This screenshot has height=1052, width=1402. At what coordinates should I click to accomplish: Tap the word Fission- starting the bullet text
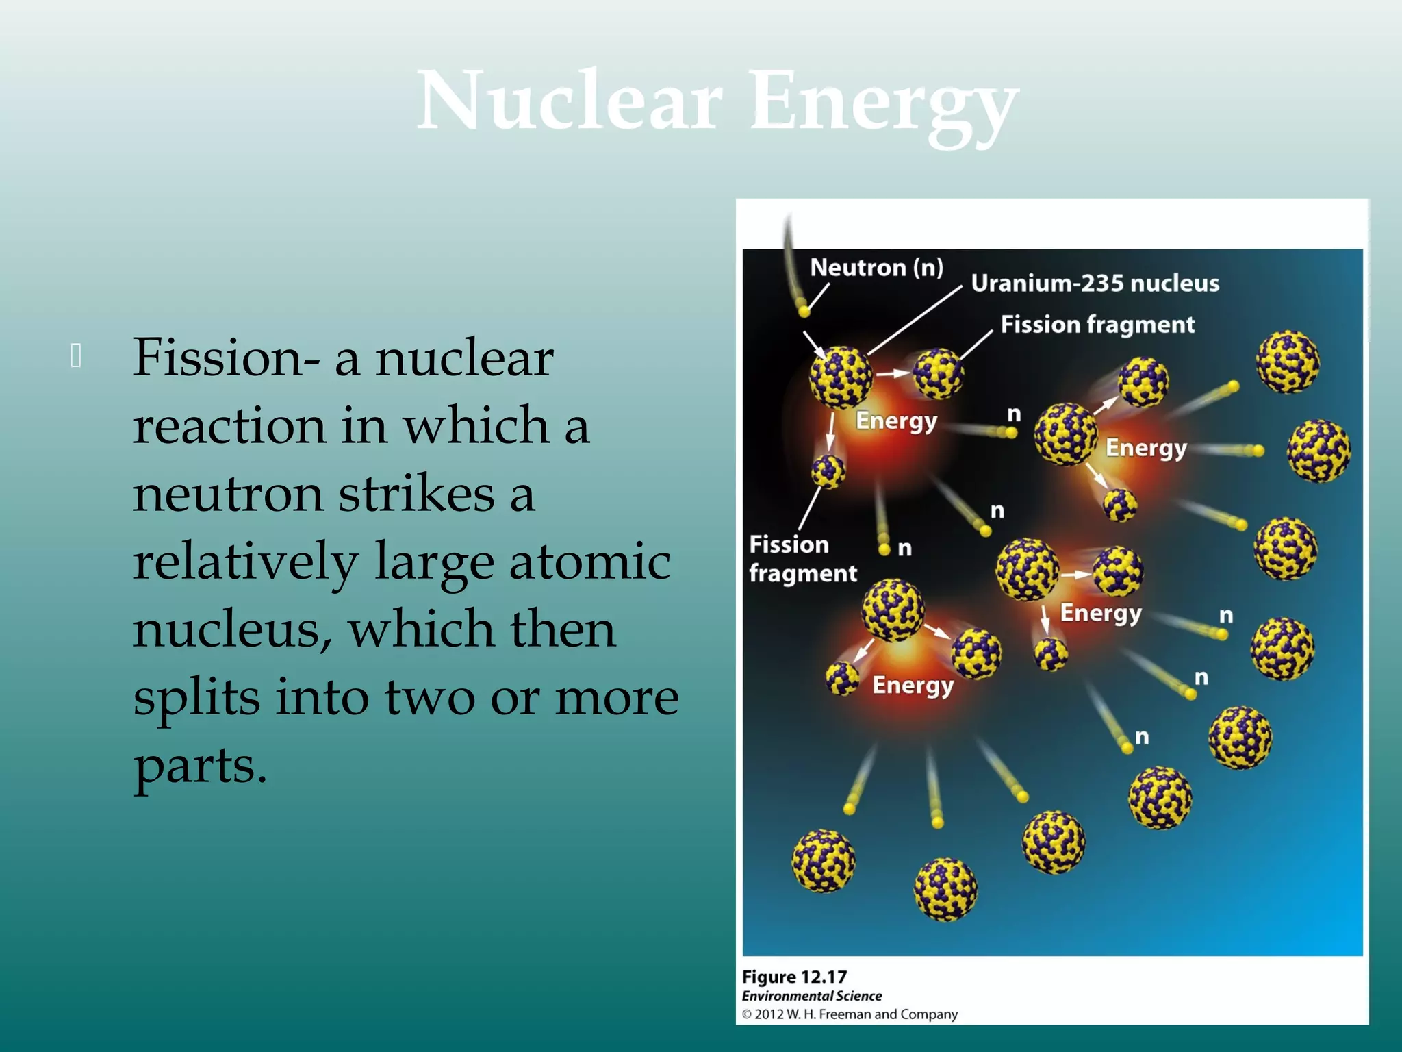(226, 358)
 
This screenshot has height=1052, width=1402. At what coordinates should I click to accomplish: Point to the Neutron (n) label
(876, 267)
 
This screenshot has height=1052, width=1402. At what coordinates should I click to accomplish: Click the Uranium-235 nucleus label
(1095, 283)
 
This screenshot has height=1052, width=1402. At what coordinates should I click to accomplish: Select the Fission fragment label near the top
(1097, 324)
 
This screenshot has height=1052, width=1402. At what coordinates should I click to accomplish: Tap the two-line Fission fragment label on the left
(802, 558)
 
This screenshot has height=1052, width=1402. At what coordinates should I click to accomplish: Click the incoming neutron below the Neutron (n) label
(804, 312)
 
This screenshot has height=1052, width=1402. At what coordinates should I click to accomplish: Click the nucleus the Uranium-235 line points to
(841, 377)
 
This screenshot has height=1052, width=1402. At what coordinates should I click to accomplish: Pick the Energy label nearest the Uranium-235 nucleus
(896, 420)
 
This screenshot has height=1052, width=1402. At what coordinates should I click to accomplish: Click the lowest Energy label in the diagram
(913, 685)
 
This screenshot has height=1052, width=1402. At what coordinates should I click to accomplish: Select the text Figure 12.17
(794, 977)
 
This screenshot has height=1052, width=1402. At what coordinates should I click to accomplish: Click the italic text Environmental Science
(811, 996)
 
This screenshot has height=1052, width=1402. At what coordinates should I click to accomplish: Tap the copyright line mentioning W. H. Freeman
(850, 1014)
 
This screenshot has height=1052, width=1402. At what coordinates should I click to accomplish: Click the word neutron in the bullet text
(227, 493)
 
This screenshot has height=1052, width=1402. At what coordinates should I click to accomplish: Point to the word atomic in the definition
(589, 562)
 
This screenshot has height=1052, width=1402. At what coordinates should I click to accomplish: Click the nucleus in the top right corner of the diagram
(1288, 361)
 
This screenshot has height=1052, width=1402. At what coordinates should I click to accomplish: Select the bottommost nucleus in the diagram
(945, 889)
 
